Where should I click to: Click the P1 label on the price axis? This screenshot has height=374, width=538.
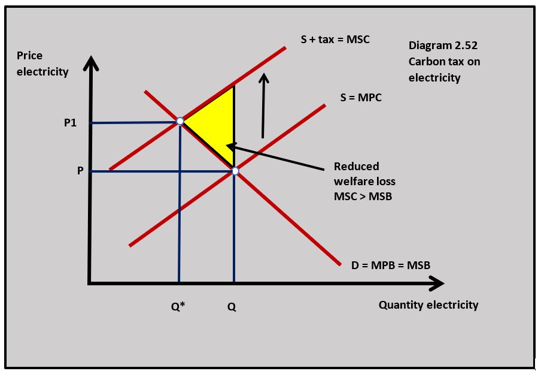tap(70, 123)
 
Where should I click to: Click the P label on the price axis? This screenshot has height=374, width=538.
tap(80, 171)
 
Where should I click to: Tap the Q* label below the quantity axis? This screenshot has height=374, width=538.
tap(178, 306)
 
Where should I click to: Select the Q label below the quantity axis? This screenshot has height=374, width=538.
tap(232, 306)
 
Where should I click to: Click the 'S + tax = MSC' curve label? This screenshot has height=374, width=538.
tap(335, 40)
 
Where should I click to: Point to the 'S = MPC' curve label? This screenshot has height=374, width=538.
tap(361, 98)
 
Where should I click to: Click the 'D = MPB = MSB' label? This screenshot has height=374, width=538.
tap(391, 265)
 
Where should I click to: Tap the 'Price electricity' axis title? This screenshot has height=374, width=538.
tap(42, 64)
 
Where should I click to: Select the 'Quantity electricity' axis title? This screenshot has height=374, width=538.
tap(428, 304)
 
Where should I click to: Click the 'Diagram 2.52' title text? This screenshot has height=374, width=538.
tap(443, 45)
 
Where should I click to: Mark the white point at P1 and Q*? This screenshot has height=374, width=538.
tap(180, 122)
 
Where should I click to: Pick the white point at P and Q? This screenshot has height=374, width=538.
tap(235, 171)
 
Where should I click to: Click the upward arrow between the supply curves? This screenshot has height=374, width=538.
tap(263, 105)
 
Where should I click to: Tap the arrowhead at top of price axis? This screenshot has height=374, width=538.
tap(90, 61)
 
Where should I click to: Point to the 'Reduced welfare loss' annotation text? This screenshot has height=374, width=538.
tap(364, 174)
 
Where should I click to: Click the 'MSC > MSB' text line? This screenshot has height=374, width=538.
tap(363, 196)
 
